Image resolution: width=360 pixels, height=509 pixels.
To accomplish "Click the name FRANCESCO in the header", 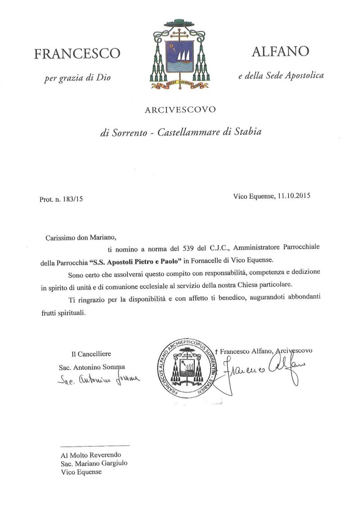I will point(77,54).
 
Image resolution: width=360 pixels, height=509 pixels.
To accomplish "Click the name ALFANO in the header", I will point(280,52).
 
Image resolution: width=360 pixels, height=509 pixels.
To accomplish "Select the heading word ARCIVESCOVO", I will point(180,109).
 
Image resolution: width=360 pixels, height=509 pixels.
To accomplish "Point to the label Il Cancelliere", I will point(91,354).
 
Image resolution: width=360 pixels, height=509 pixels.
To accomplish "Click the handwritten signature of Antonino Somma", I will point(99,380).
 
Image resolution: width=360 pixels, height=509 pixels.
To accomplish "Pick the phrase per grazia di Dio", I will point(77,78).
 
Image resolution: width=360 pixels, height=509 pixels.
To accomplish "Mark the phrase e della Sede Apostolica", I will point(281,76).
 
